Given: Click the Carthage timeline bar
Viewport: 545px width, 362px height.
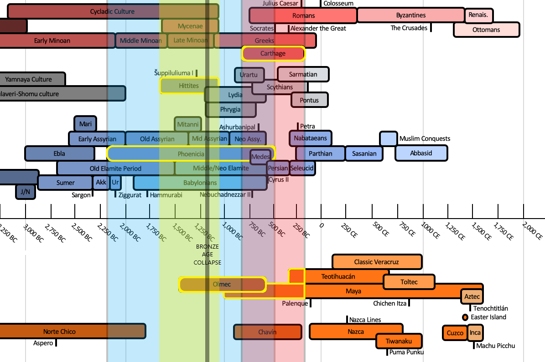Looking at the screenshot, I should [273, 54].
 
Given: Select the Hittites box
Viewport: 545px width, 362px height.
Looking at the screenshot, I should [189, 86].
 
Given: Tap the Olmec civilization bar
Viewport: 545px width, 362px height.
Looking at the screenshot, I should [222, 285].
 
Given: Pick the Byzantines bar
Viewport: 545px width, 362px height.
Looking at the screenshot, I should [410, 15].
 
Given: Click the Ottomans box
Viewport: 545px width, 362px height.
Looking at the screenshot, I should [486, 30].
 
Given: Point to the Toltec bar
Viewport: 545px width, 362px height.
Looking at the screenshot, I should [409, 282].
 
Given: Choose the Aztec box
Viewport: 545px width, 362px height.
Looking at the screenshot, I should [472, 297].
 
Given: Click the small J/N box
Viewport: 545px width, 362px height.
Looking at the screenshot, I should [26, 192].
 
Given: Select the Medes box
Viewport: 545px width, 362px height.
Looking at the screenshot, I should [260, 157].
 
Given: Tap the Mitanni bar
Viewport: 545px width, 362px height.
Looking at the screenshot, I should [188, 124].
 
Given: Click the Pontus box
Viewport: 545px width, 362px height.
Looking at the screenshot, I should [309, 100].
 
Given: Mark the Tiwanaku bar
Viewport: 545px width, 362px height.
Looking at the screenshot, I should [399, 341].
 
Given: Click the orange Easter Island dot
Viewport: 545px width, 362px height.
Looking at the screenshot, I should [465, 317].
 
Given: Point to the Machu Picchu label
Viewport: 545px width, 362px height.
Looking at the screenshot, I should [495, 346].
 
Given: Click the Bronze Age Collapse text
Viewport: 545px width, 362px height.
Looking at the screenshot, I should [208, 255].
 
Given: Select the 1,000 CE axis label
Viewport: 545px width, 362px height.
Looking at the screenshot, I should [430, 230].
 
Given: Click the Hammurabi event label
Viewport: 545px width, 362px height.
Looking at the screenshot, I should [166, 195].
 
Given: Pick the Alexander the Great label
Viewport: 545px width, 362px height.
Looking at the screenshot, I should [318, 28].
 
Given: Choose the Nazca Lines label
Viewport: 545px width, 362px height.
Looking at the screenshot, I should [364, 320].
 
